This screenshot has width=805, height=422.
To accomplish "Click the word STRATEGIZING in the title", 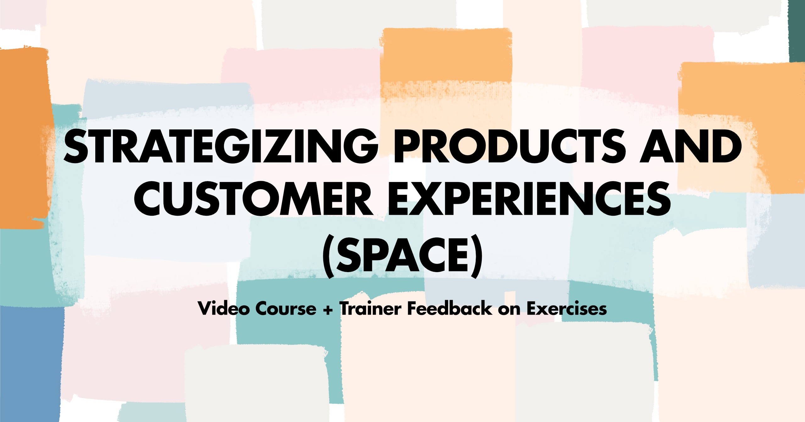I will coord(220,147).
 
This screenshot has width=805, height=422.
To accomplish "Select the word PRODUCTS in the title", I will coord(509,147).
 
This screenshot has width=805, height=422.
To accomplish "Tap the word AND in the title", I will coord(691,147).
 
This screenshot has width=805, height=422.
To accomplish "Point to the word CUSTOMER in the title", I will coord(253,199).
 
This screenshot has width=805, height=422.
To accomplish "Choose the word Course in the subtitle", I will coord(286,309).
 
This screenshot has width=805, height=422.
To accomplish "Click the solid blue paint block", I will coord(30,362).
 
